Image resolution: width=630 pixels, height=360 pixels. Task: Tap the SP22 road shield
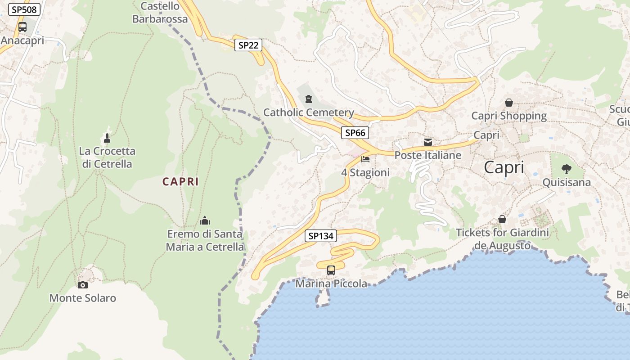click(x=248, y=45)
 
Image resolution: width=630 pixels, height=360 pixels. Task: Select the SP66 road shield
click(x=355, y=133)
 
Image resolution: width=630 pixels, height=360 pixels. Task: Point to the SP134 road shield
click(x=321, y=236)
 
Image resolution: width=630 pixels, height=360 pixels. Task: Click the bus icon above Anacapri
click(x=22, y=27)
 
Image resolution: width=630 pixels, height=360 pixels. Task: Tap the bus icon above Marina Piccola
click(x=331, y=270)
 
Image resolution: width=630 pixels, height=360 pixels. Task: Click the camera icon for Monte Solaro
click(x=83, y=285)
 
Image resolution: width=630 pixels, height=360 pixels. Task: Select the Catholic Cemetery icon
click(x=309, y=99)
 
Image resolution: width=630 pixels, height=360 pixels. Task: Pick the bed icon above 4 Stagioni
click(x=365, y=159)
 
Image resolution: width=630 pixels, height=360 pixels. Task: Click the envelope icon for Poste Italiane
click(x=428, y=142)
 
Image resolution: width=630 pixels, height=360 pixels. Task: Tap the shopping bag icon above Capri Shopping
click(x=509, y=103)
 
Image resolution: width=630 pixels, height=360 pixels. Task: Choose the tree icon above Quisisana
click(x=566, y=169)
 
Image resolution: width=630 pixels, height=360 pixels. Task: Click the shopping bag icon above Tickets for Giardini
click(x=502, y=219)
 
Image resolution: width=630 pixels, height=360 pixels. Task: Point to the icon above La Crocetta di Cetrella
click(x=107, y=138)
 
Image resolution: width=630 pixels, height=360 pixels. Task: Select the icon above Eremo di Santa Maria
click(x=205, y=220)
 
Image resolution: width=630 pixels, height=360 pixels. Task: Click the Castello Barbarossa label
click(x=160, y=13)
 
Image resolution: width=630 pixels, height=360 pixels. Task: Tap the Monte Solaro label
click(x=83, y=298)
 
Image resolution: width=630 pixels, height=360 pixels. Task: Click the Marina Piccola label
click(x=331, y=283)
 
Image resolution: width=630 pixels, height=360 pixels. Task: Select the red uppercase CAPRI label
click(x=180, y=182)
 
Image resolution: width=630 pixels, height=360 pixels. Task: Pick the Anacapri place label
click(x=22, y=40)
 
